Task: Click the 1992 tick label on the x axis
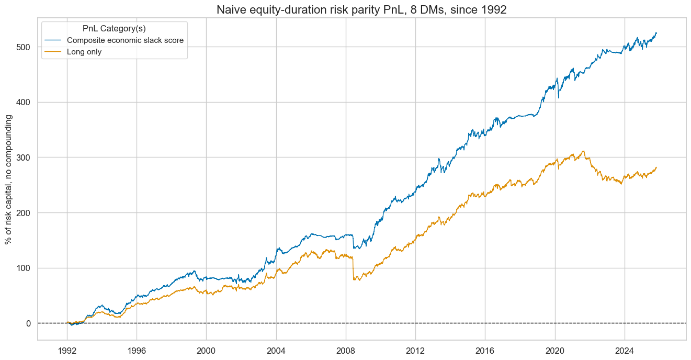click(x=67, y=350)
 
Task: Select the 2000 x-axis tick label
click(x=206, y=350)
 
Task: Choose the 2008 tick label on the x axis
click(x=346, y=350)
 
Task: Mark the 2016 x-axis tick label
click(x=485, y=350)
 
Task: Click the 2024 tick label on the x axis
click(x=625, y=350)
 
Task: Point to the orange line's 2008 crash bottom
click(x=355, y=280)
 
